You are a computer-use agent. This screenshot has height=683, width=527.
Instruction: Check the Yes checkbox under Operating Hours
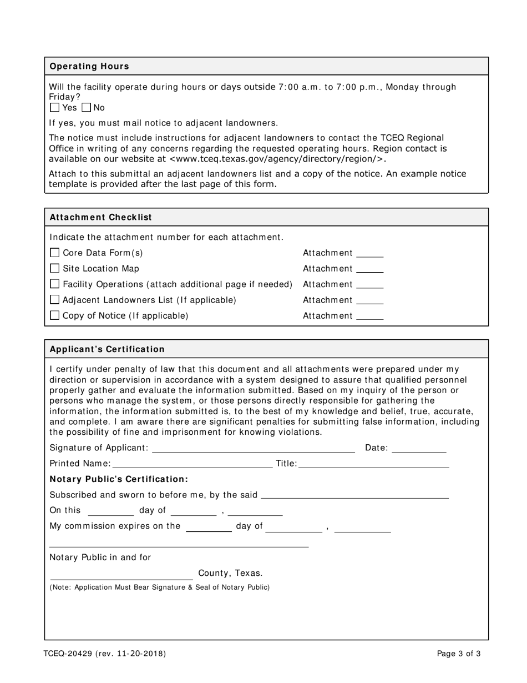click(x=54, y=108)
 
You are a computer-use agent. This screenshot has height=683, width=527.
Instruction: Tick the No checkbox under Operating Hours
click(x=87, y=108)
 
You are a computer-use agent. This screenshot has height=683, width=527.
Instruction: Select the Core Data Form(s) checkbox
click(x=54, y=253)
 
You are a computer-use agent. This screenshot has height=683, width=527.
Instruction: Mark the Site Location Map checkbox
click(x=54, y=268)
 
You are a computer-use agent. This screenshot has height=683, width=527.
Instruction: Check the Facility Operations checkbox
click(x=54, y=284)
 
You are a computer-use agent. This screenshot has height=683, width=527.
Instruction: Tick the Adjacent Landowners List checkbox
click(x=54, y=300)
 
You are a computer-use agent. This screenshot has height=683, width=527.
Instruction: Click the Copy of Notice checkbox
click(x=54, y=315)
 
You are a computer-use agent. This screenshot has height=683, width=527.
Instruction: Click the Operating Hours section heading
click(x=89, y=66)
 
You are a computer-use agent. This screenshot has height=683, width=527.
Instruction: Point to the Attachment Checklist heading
click(x=101, y=217)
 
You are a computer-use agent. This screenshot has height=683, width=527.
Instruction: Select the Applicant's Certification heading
click(x=107, y=349)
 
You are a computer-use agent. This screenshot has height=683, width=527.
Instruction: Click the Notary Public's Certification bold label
click(x=119, y=479)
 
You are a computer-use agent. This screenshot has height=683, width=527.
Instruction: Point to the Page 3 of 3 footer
click(x=459, y=654)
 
